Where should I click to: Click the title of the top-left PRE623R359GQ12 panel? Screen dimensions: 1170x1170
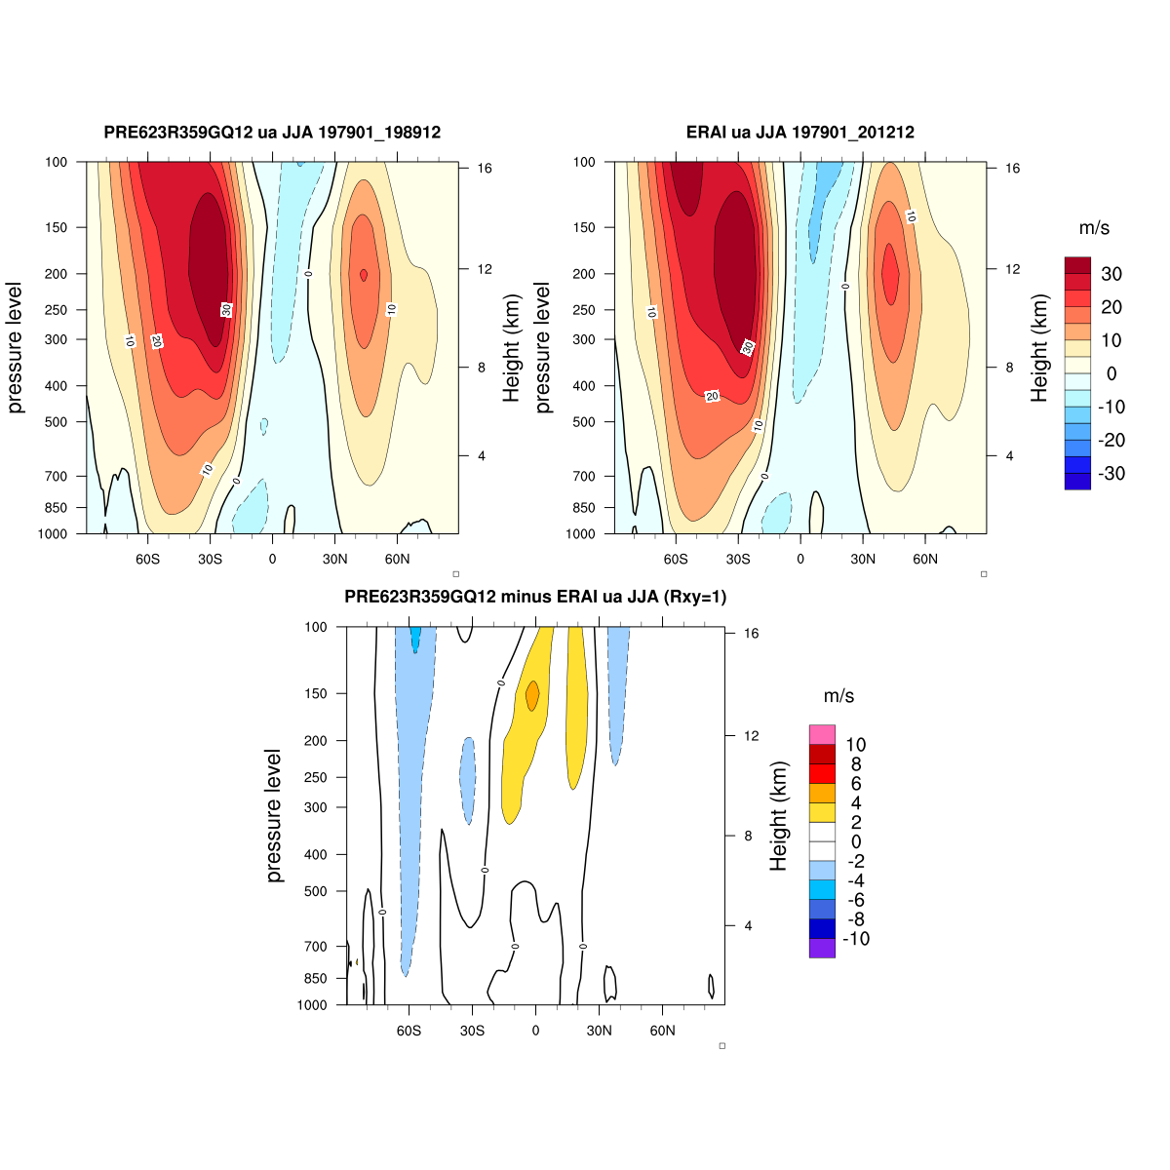point(272,133)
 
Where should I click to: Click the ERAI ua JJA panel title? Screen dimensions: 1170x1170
point(799,133)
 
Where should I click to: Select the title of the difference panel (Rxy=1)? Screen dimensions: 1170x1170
point(535,597)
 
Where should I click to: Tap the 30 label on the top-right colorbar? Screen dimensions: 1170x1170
point(1111,274)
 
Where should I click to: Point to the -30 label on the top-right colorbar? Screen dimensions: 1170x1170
point(1110,474)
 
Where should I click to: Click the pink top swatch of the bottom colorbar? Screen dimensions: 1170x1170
point(822,734)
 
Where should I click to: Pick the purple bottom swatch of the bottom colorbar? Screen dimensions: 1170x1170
point(822,948)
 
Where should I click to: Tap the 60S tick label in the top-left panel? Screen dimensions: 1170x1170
point(147,560)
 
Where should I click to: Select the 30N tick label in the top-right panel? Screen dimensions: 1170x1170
point(863,560)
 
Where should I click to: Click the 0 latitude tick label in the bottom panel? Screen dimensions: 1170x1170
point(534,1031)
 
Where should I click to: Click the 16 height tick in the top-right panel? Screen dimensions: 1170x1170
point(1013,169)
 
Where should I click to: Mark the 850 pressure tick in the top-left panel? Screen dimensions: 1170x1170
point(56,508)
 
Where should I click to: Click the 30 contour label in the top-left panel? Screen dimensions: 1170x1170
point(226,309)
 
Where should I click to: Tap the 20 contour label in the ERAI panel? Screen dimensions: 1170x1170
point(712,396)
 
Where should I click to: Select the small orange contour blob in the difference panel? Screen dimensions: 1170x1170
point(532,695)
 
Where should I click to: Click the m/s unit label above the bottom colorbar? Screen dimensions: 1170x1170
point(838,696)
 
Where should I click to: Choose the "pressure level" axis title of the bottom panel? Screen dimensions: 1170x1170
point(274,816)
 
